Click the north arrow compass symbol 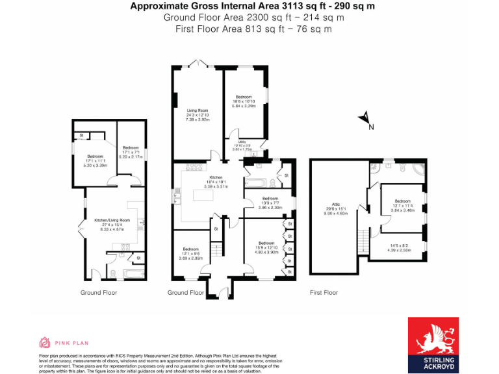[x=365, y=118]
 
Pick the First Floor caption [x=324, y=293]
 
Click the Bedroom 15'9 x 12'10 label [x=268, y=247]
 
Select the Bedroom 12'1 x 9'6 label [x=190, y=253]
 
